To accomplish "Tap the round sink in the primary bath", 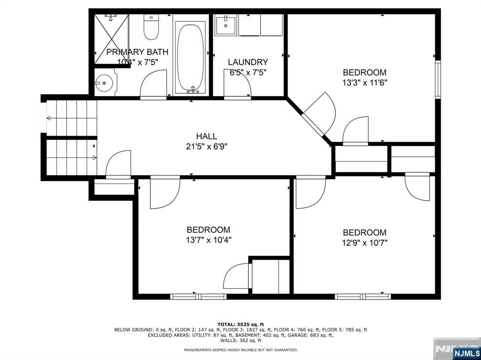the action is [104, 83].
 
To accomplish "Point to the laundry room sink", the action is [226, 25].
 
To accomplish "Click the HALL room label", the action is [207, 136].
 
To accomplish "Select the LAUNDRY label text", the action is [248, 62].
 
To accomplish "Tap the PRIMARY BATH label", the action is [138, 52].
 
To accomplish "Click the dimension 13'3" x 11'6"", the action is [365, 83].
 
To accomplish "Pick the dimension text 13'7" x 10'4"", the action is [208, 240].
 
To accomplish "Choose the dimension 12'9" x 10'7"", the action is [365, 243].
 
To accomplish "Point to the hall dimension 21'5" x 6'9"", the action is [207, 146].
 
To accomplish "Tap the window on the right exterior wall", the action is [438, 80].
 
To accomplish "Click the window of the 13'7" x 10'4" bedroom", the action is [199, 297].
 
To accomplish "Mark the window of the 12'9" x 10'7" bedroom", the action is [363, 297].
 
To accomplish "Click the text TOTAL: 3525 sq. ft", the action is [241, 324].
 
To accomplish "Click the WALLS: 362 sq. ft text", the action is [241, 340].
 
